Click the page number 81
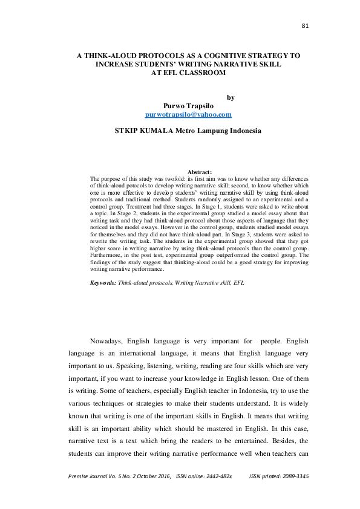pyautogui.click(x=305, y=25)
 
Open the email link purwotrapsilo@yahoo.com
pyautogui.click(x=189, y=114)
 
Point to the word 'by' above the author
pyautogui.click(x=230, y=96)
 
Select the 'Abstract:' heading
pyautogui.click(x=200, y=172)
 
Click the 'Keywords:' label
pyautogui.click(x=102, y=283)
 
